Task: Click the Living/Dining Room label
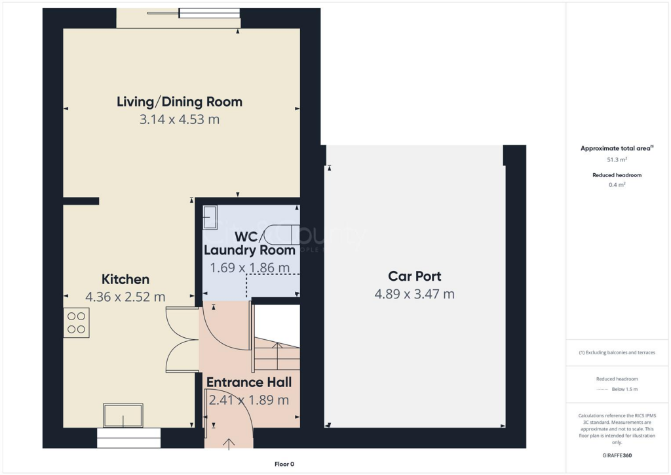[x=180, y=102]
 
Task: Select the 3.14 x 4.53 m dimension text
[x=180, y=119]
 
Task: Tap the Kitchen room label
[x=125, y=279]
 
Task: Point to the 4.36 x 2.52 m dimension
[x=125, y=297]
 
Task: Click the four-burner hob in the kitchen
[x=76, y=323]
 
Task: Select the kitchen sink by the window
[x=123, y=416]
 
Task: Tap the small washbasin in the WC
[x=210, y=216]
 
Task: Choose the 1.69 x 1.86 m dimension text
[x=250, y=268]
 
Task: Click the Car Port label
[x=414, y=276]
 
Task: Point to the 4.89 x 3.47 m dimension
[x=414, y=294]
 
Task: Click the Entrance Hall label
[x=249, y=382]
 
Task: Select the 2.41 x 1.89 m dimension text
[x=249, y=400]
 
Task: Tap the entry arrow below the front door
[x=229, y=444]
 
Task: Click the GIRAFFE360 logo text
[x=617, y=455]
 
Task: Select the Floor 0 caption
[x=284, y=464]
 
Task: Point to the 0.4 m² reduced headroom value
[x=617, y=185]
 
